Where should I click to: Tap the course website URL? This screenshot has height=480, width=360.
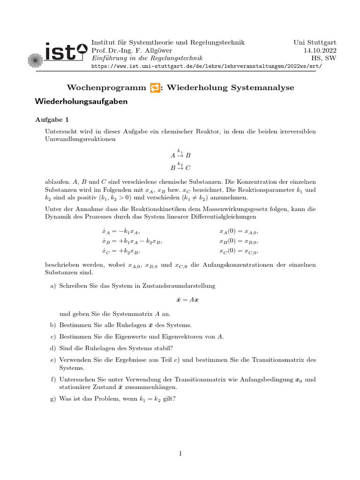pyautogui.click(x=207, y=66)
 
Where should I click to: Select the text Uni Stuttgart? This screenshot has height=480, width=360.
pyautogui.click(x=315, y=42)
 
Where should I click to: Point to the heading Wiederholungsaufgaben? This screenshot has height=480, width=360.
pyautogui.click(x=81, y=101)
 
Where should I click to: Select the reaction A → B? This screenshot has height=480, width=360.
pyautogui.click(x=180, y=154)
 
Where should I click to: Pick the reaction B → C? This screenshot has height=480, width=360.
pyautogui.click(x=180, y=167)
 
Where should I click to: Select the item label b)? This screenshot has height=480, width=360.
pyautogui.click(x=52, y=325)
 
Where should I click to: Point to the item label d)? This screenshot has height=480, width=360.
pyautogui.click(x=52, y=348)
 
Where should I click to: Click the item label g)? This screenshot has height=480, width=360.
pyautogui.click(x=52, y=399)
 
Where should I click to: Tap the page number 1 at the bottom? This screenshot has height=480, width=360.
pyautogui.click(x=180, y=453)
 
